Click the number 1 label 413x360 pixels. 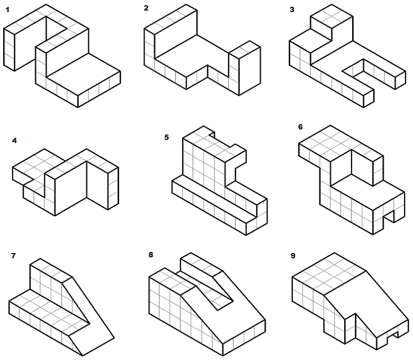tap(7, 10)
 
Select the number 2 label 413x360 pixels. tap(146, 8)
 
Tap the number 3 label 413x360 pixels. tap(292, 10)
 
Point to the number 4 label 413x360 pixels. tap(14, 141)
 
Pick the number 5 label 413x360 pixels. tap(166, 137)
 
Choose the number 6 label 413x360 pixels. tap(301, 127)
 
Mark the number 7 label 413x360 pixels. tap(13, 256)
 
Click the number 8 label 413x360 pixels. tap(151, 255)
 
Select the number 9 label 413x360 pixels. tap(293, 256)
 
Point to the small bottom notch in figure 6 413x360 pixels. tap(389, 217)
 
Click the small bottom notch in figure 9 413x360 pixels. tap(393, 335)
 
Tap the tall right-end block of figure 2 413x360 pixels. tap(245, 68)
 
